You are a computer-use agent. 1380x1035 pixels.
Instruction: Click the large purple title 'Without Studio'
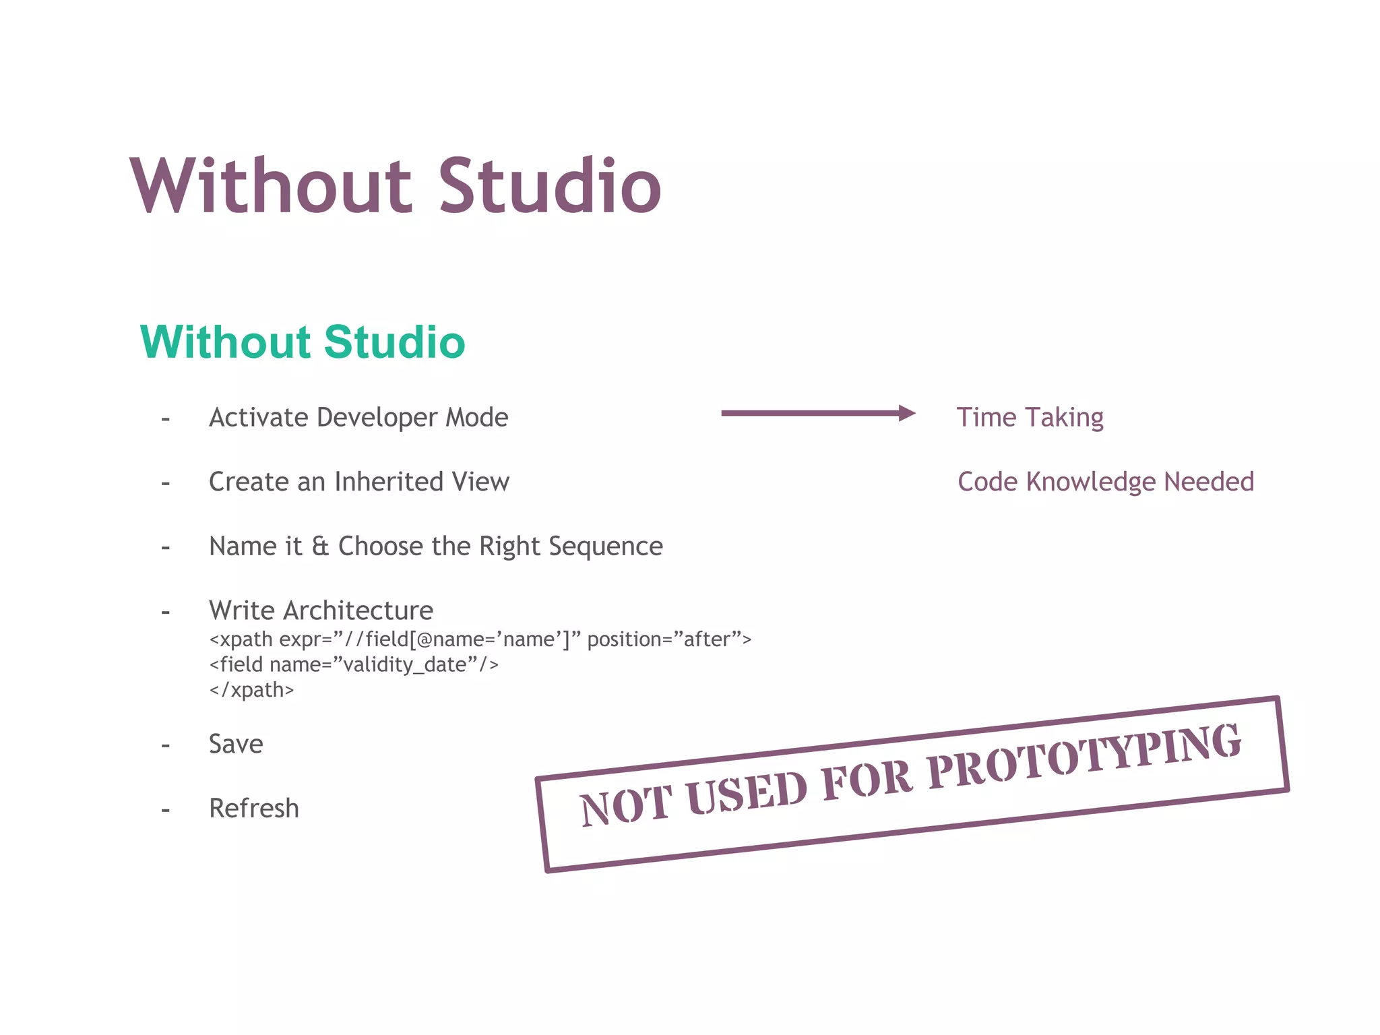click(396, 186)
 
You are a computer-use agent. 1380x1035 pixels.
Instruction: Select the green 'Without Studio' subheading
click(303, 342)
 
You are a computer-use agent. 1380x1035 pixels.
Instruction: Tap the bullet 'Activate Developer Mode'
click(358, 418)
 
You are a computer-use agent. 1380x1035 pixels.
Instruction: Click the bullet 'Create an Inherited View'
click(359, 482)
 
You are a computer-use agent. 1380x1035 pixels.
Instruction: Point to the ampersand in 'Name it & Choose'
click(320, 546)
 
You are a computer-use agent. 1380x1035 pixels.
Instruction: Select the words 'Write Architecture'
click(321, 610)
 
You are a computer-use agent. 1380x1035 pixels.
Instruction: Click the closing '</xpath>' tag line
click(251, 690)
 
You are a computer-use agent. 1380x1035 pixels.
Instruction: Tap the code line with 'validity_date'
click(354, 665)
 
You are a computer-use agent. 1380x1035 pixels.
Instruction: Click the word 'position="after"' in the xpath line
click(669, 639)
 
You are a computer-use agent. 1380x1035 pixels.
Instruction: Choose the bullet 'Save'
click(236, 744)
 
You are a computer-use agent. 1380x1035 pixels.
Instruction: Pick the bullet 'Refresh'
click(254, 809)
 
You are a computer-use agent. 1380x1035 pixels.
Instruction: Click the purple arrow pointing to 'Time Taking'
click(817, 413)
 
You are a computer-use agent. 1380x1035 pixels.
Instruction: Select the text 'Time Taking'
click(1030, 418)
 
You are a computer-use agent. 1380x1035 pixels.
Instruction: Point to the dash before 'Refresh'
click(166, 809)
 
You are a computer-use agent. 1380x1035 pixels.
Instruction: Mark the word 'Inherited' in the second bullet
click(389, 482)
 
